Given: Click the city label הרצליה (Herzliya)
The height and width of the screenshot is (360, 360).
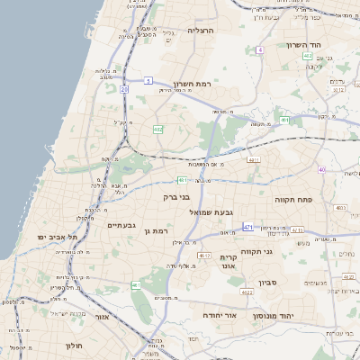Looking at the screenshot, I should tap(199, 30).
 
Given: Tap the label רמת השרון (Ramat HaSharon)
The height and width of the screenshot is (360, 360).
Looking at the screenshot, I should tap(192, 83).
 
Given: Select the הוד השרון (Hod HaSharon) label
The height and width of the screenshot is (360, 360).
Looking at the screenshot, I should tap(292, 45).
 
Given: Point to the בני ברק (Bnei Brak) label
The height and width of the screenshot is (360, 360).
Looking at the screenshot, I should tap(177, 196).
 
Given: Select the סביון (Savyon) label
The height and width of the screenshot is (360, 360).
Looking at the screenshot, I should tap(269, 283).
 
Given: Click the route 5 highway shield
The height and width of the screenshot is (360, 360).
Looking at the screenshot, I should tap(148, 81).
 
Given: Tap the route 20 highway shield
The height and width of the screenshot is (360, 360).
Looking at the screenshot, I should tap(123, 90).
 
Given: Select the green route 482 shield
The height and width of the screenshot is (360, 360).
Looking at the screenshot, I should tap(158, 130).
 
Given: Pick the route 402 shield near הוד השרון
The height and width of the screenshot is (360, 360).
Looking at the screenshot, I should tap(308, 56).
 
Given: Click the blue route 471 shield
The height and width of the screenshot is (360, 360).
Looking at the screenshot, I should tap(247, 226).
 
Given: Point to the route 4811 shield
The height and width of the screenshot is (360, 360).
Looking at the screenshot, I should tap(254, 160).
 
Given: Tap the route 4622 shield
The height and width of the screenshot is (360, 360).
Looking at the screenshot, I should tap(247, 292).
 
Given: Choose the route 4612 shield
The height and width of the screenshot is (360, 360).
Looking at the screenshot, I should tap(204, 256).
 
